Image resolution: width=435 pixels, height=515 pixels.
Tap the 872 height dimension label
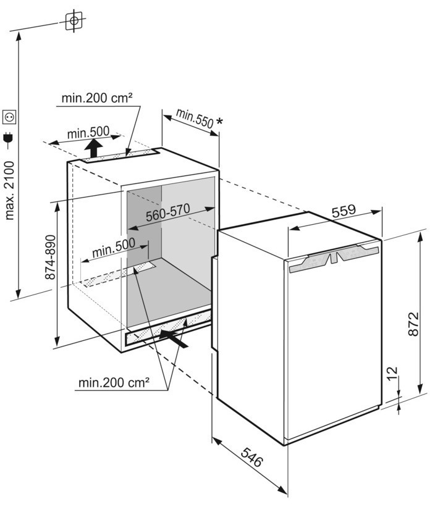click(x=415, y=324)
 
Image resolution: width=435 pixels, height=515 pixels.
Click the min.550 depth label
click(x=194, y=117)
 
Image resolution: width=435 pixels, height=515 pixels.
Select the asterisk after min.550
click(x=219, y=123)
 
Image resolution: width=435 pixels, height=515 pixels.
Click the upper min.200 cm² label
click(x=98, y=98)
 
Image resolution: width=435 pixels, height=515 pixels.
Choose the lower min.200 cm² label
click(x=114, y=383)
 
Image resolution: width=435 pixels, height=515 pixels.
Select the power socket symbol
click(x=9, y=115)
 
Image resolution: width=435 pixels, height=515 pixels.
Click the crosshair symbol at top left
click(x=74, y=21)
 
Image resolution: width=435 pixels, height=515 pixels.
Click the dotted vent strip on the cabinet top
click(x=120, y=156)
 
